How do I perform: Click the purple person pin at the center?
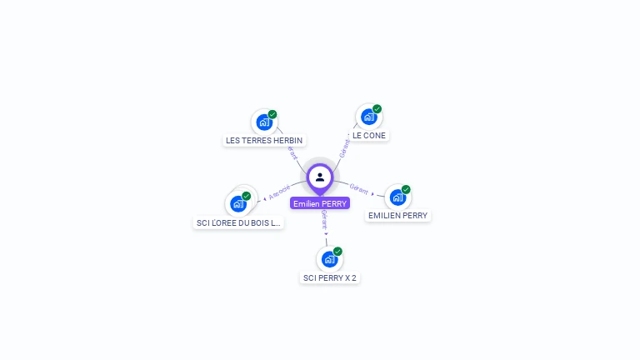tap(320, 177)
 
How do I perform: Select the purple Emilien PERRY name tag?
tap(320, 203)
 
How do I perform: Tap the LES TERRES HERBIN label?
tap(264, 140)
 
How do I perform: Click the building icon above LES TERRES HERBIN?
tap(264, 122)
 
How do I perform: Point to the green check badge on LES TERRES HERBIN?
tap(272, 114)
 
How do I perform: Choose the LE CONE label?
tap(369, 135)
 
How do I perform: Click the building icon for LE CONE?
tap(368, 117)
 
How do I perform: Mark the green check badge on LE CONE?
tap(377, 109)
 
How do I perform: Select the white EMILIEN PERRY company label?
tap(398, 215)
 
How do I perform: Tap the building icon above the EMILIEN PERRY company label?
tap(397, 197)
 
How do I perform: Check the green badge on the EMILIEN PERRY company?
tap(406, 189)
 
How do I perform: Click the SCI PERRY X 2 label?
tap(330, 277)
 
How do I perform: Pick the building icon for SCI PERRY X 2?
tap(329, 259)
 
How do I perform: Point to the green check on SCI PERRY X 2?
tap(337, 251)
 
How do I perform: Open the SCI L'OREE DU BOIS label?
tap(238, 222)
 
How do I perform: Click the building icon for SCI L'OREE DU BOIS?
tap(238, 204)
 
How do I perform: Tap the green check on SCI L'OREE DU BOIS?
tap(247, 196)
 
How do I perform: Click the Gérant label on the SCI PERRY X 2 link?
tap(324, 220)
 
